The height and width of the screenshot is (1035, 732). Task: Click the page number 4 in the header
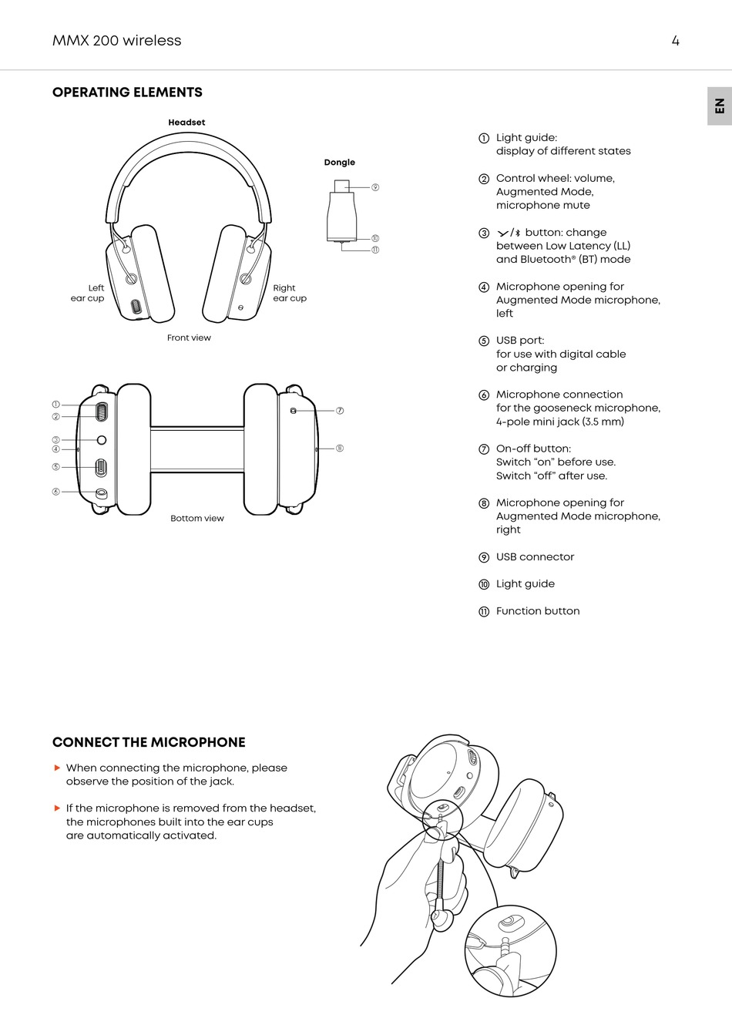pyautogui.click(x=675, y=41)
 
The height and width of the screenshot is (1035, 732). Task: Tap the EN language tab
pyautogui.click(x=719, y=106)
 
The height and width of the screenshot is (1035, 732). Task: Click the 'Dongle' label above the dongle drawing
pyautogui.click(x=339, y=163)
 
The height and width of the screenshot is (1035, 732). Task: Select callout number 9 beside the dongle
pyautogui.click(x=375, y=187)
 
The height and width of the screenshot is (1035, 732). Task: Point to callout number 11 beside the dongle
pyautogui.click(x=375, y=250)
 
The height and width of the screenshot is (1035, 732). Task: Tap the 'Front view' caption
pyautogui.click(x=189, y=338)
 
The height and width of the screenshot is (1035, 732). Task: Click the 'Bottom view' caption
pyautogui.click(x=197, y=519)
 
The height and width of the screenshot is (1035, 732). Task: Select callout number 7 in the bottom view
pyautogui.click(x=340, y=411)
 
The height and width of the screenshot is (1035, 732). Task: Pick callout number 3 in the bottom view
pyautogui.click(x=55, y=440)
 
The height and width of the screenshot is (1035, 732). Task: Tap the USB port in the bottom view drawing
pyautogui.click(x=101, y=467)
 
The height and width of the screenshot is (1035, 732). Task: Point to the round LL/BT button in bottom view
pyautogui.click(x=102, y=439)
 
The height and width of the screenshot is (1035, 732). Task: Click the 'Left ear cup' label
pyautogui.click(x=88, y=293)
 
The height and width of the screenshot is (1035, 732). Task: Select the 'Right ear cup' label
pyautogui.click(x=290, y=293)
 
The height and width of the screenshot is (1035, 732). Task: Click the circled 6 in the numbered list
pyautogui.click(x=484, y=395)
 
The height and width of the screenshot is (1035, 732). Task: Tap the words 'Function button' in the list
pyautogui.click(x=538, y=611)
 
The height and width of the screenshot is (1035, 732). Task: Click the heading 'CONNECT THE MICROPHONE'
pyautogui.click(x=149, y=742)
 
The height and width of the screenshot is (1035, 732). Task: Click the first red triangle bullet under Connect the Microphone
pyautogui.click(x=57, y=768)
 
